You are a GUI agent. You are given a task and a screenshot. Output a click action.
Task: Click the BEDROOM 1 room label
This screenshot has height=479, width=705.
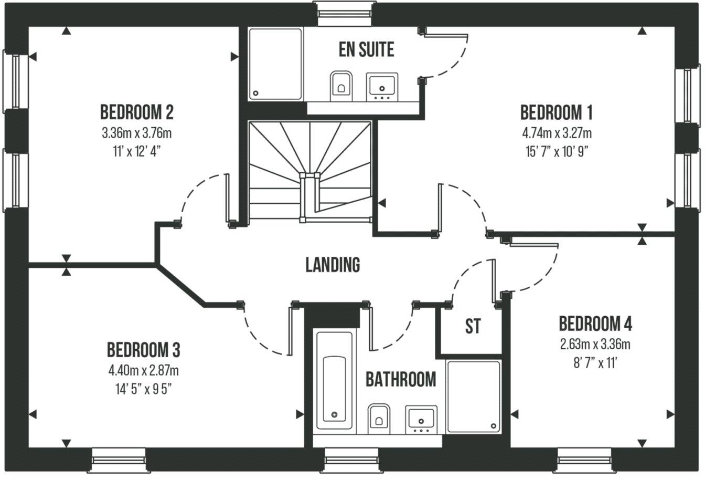pyautogui.click(x=556, y=112)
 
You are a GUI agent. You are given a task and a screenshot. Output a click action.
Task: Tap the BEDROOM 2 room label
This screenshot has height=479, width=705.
pyautogui.click(x=136, y=112)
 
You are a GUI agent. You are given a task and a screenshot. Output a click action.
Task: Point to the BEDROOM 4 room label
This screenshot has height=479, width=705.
pyautogui.click(x=595, y=324)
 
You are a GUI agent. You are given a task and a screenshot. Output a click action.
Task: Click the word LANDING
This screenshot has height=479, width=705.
pyautogui.click(x=333, y=265)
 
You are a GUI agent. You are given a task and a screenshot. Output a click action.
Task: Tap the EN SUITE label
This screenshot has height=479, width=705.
pyautogui.click(x=366, y=50)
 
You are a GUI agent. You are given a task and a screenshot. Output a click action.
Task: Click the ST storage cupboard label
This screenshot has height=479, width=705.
pyautogui.click(x=473, y=326)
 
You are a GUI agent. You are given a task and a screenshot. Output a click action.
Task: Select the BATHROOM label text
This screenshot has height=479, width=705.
pyautogui.click(x=400, y=379)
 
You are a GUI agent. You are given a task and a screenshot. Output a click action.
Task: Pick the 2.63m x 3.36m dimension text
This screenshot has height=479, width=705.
pyautogui.click(x=595, y=345)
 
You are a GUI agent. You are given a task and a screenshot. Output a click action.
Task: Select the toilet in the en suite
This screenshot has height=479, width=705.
pyautogui.click(x=340, y=85)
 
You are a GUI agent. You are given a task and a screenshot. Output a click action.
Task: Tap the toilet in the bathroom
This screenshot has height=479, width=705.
pyautogui.click(x=378, y=418)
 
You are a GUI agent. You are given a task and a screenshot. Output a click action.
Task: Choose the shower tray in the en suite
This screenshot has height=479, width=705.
pyautogui.click(x=275, y=64)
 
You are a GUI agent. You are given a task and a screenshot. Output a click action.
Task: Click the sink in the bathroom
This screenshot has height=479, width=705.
pyautogui.click(x=421, y=419)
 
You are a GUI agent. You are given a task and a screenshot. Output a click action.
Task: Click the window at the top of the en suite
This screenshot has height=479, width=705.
pyautogui.click(x=344, y=12)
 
